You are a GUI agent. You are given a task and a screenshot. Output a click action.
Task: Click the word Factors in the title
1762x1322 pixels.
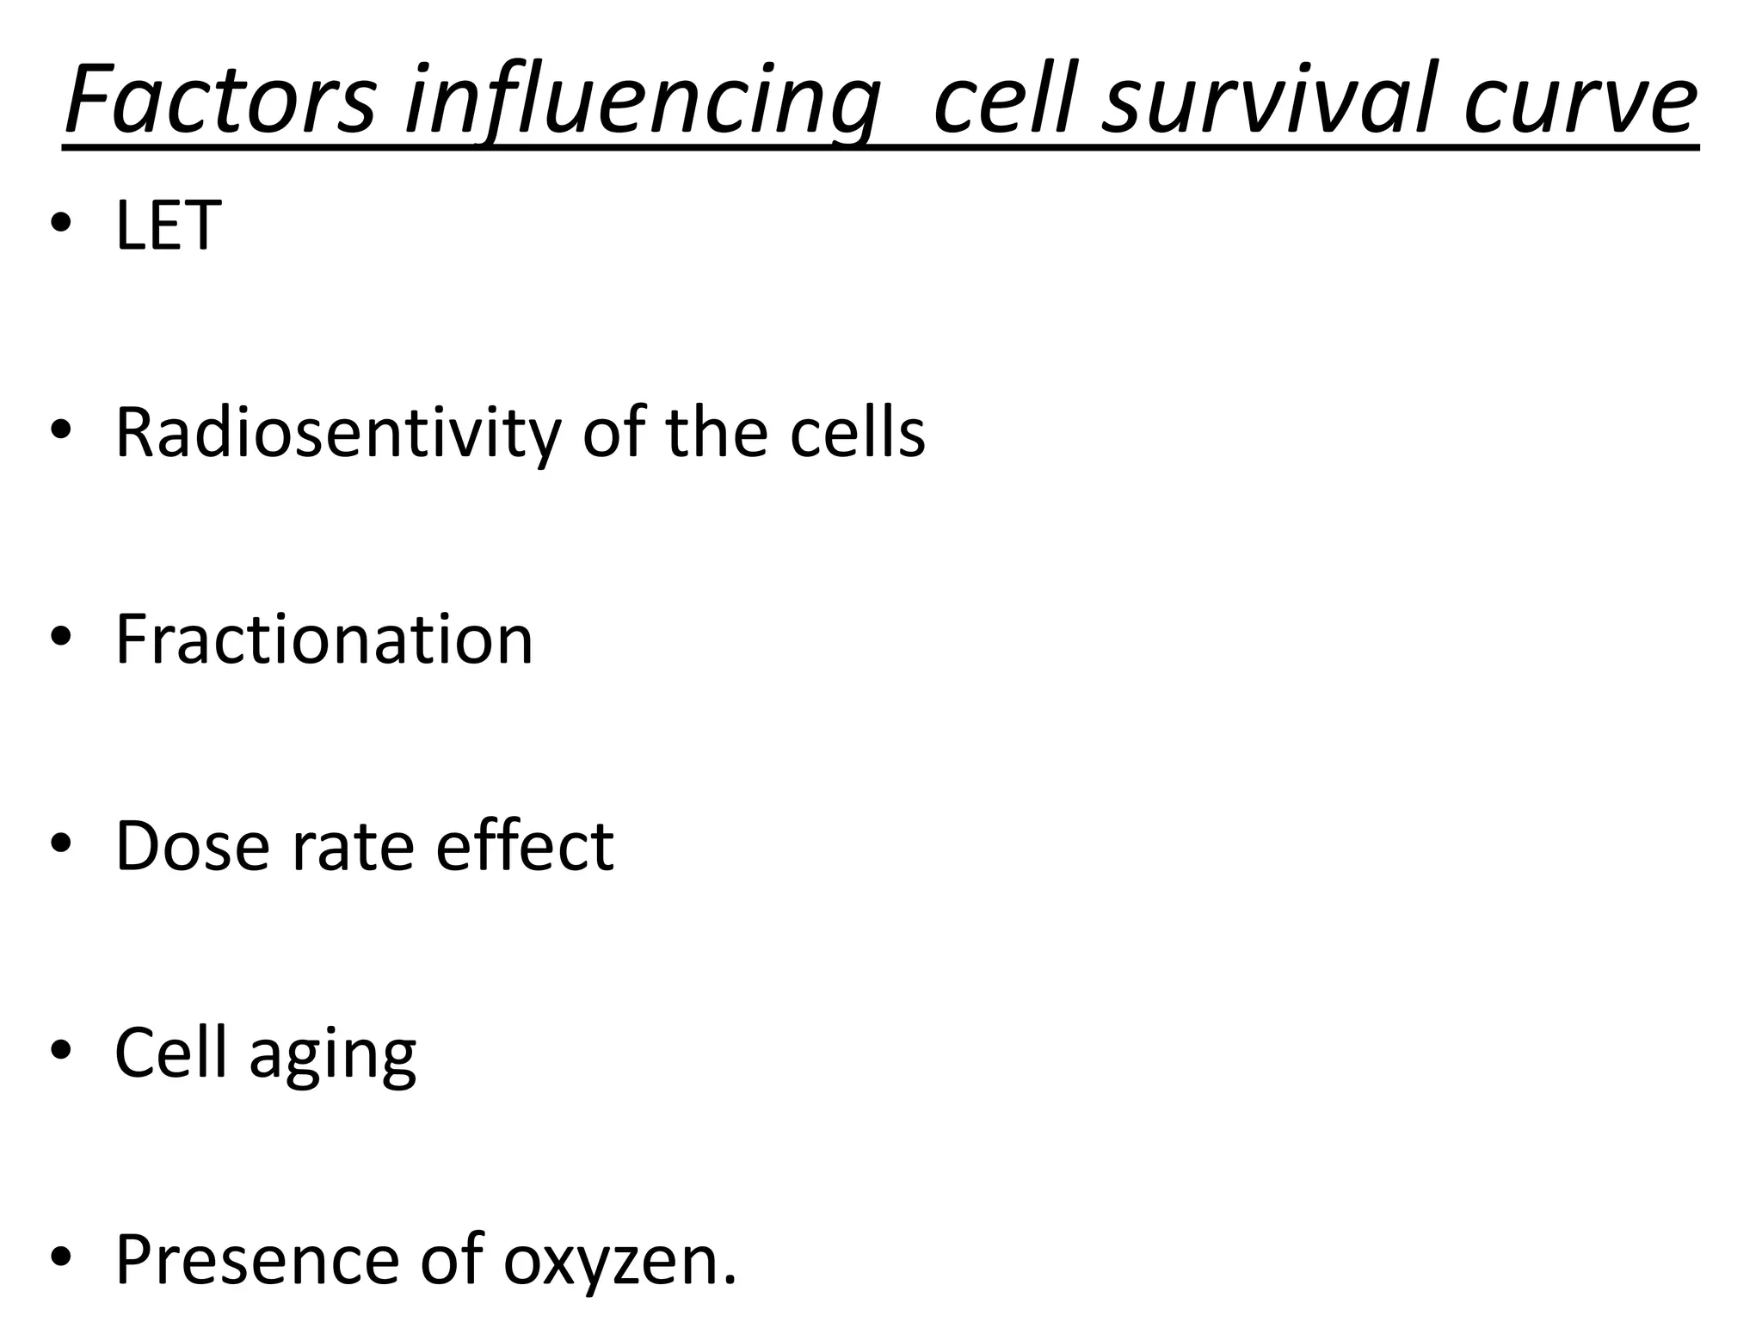point(220,101)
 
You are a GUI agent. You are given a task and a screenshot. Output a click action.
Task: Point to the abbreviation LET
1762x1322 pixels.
point(169,225)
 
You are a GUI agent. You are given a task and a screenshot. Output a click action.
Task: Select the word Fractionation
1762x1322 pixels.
point(324,639)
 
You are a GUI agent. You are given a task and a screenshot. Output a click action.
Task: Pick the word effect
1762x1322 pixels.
point(525,846)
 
